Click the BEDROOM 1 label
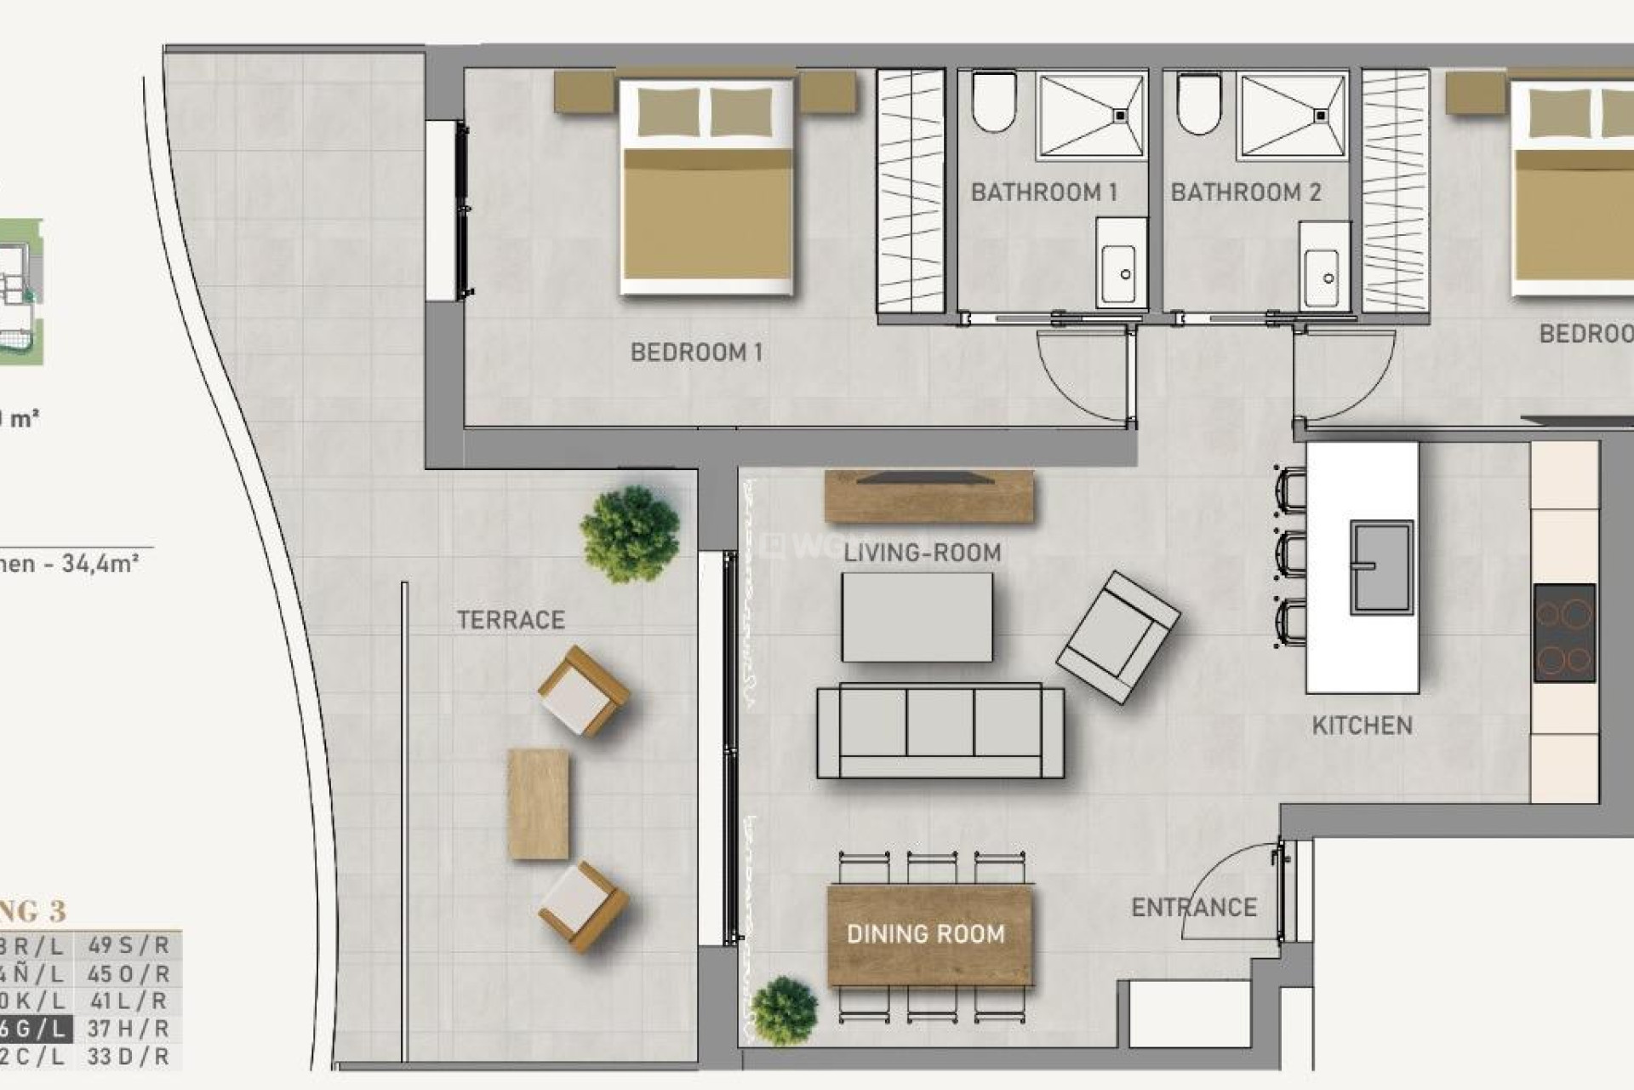(x=696, y=352)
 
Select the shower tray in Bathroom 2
(x=1293, y=116)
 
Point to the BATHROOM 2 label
(x=1245, y=192)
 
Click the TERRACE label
(x=511, y=620)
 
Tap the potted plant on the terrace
(x=630, y=534)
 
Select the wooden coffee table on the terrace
(x=538, y=804)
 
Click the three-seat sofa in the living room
(x=940, y=731)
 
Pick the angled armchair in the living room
(x=1117, y=636)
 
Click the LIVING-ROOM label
(x=922, y=553)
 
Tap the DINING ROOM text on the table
(x=925, y=934)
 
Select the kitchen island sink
(x=1380, y=567)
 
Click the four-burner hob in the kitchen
(x=1563, y=633)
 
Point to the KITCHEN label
(x=1362, y=726)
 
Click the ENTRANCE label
(x=1193, y=908)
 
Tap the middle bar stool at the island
(x=1290, y=554)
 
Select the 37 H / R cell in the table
(x=129, y=1029)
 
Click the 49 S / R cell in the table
(x=129, y=945)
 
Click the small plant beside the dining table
(x=784, y=1011)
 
